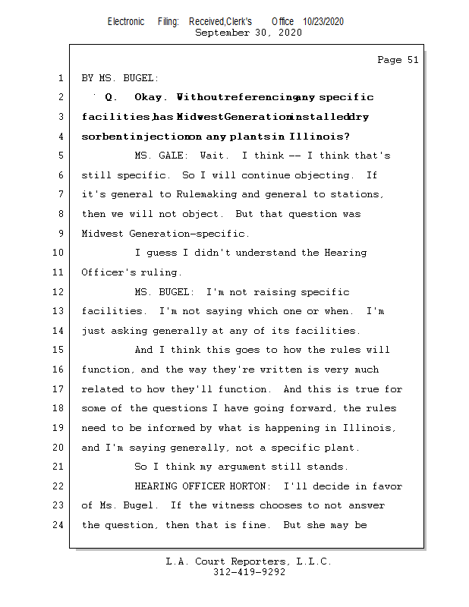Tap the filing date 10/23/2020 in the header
click(323, 21)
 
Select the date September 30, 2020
click(248, 33)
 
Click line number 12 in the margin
click(59, 292)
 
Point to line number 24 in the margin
click(59, 525)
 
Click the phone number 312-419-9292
click(250, 573)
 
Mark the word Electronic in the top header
click(126, 21)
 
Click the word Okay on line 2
click(149, 97)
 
